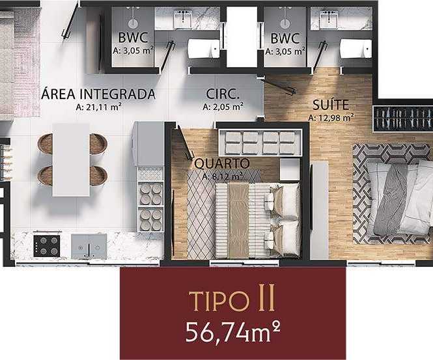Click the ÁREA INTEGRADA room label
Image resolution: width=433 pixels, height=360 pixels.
(x=98, y=94)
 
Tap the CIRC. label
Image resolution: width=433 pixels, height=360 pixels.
(x=222, y=94)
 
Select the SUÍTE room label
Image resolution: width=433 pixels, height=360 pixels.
(x=331, y=105)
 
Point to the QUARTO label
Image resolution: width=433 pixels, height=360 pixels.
(x=222, y=163)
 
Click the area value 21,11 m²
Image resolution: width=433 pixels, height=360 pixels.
(x=98, y=107)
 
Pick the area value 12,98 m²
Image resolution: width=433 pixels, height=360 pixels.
(x=331, y=118)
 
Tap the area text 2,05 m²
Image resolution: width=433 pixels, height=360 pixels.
(x=223, y=107)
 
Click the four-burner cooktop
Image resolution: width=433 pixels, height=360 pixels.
(x=47, y=245)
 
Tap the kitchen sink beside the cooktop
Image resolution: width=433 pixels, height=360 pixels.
(x=89, y=247)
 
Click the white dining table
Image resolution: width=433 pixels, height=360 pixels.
(x=71, y=160)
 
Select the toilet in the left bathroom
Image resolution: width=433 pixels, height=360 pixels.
(x=204, y=49)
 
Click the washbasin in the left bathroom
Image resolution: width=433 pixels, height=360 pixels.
(x=183, y=19)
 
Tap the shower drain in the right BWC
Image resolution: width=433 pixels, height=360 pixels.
(x=285, y=23)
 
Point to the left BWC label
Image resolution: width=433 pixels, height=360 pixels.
(x=133, y=38)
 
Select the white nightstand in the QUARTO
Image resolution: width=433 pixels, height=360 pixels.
(x=289, y=169)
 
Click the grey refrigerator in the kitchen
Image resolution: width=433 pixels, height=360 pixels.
(x=148, y=144)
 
